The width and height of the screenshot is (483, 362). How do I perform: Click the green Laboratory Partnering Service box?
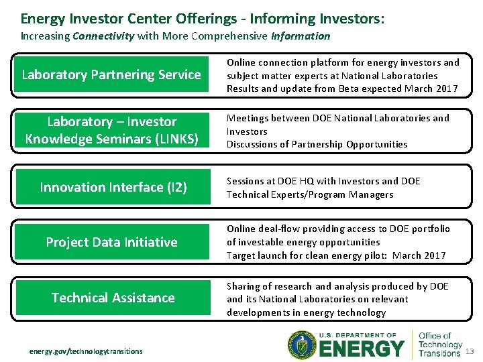(x=111, y=75)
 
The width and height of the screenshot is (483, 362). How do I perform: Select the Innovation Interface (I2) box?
(x=113, y=187)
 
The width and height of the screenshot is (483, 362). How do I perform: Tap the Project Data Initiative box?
(x=111, y=242)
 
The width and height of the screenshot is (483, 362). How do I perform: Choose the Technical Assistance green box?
(x=113, y=298)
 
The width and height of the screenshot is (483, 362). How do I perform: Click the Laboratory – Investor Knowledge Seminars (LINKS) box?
(x=111, y=131)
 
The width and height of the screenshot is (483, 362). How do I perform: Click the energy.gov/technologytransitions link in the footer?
(x=86, y=351)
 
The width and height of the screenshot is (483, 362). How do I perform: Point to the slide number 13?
(x=470, y=352)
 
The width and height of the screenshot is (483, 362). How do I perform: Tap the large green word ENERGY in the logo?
(x=362, y=349)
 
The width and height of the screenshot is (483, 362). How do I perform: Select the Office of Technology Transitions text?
(x=439, y=345)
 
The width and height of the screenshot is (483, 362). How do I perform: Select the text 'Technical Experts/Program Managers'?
(x=309, y=194)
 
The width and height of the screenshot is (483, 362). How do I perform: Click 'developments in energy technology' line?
(x=306, y=312)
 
